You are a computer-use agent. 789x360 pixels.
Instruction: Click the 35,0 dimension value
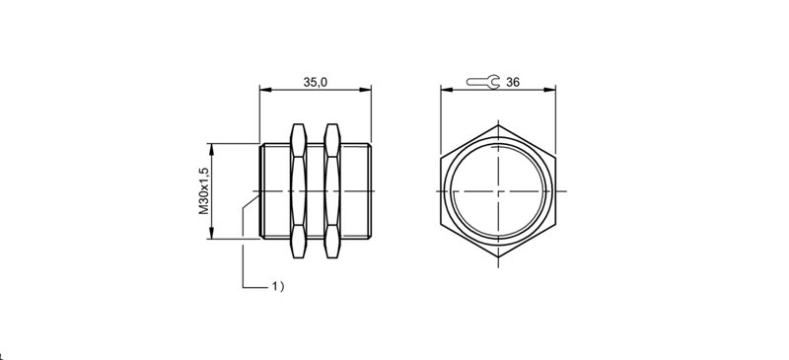[315, 82]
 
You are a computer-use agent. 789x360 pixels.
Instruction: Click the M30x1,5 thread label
[203, 190]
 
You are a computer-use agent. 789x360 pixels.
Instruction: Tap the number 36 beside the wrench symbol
[513, 82]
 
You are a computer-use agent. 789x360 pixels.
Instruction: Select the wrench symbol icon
[483, 82]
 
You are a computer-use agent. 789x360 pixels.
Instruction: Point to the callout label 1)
[278, 286]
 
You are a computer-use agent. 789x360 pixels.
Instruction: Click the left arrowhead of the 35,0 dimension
[265, 90]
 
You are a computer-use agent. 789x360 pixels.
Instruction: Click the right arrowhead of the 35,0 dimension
[366, 90]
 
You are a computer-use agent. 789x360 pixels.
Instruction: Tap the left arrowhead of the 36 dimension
[447, 90]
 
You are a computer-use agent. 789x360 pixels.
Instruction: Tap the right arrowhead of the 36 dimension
[550, 90]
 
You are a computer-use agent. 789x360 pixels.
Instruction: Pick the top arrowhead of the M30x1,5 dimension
[211, 149]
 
